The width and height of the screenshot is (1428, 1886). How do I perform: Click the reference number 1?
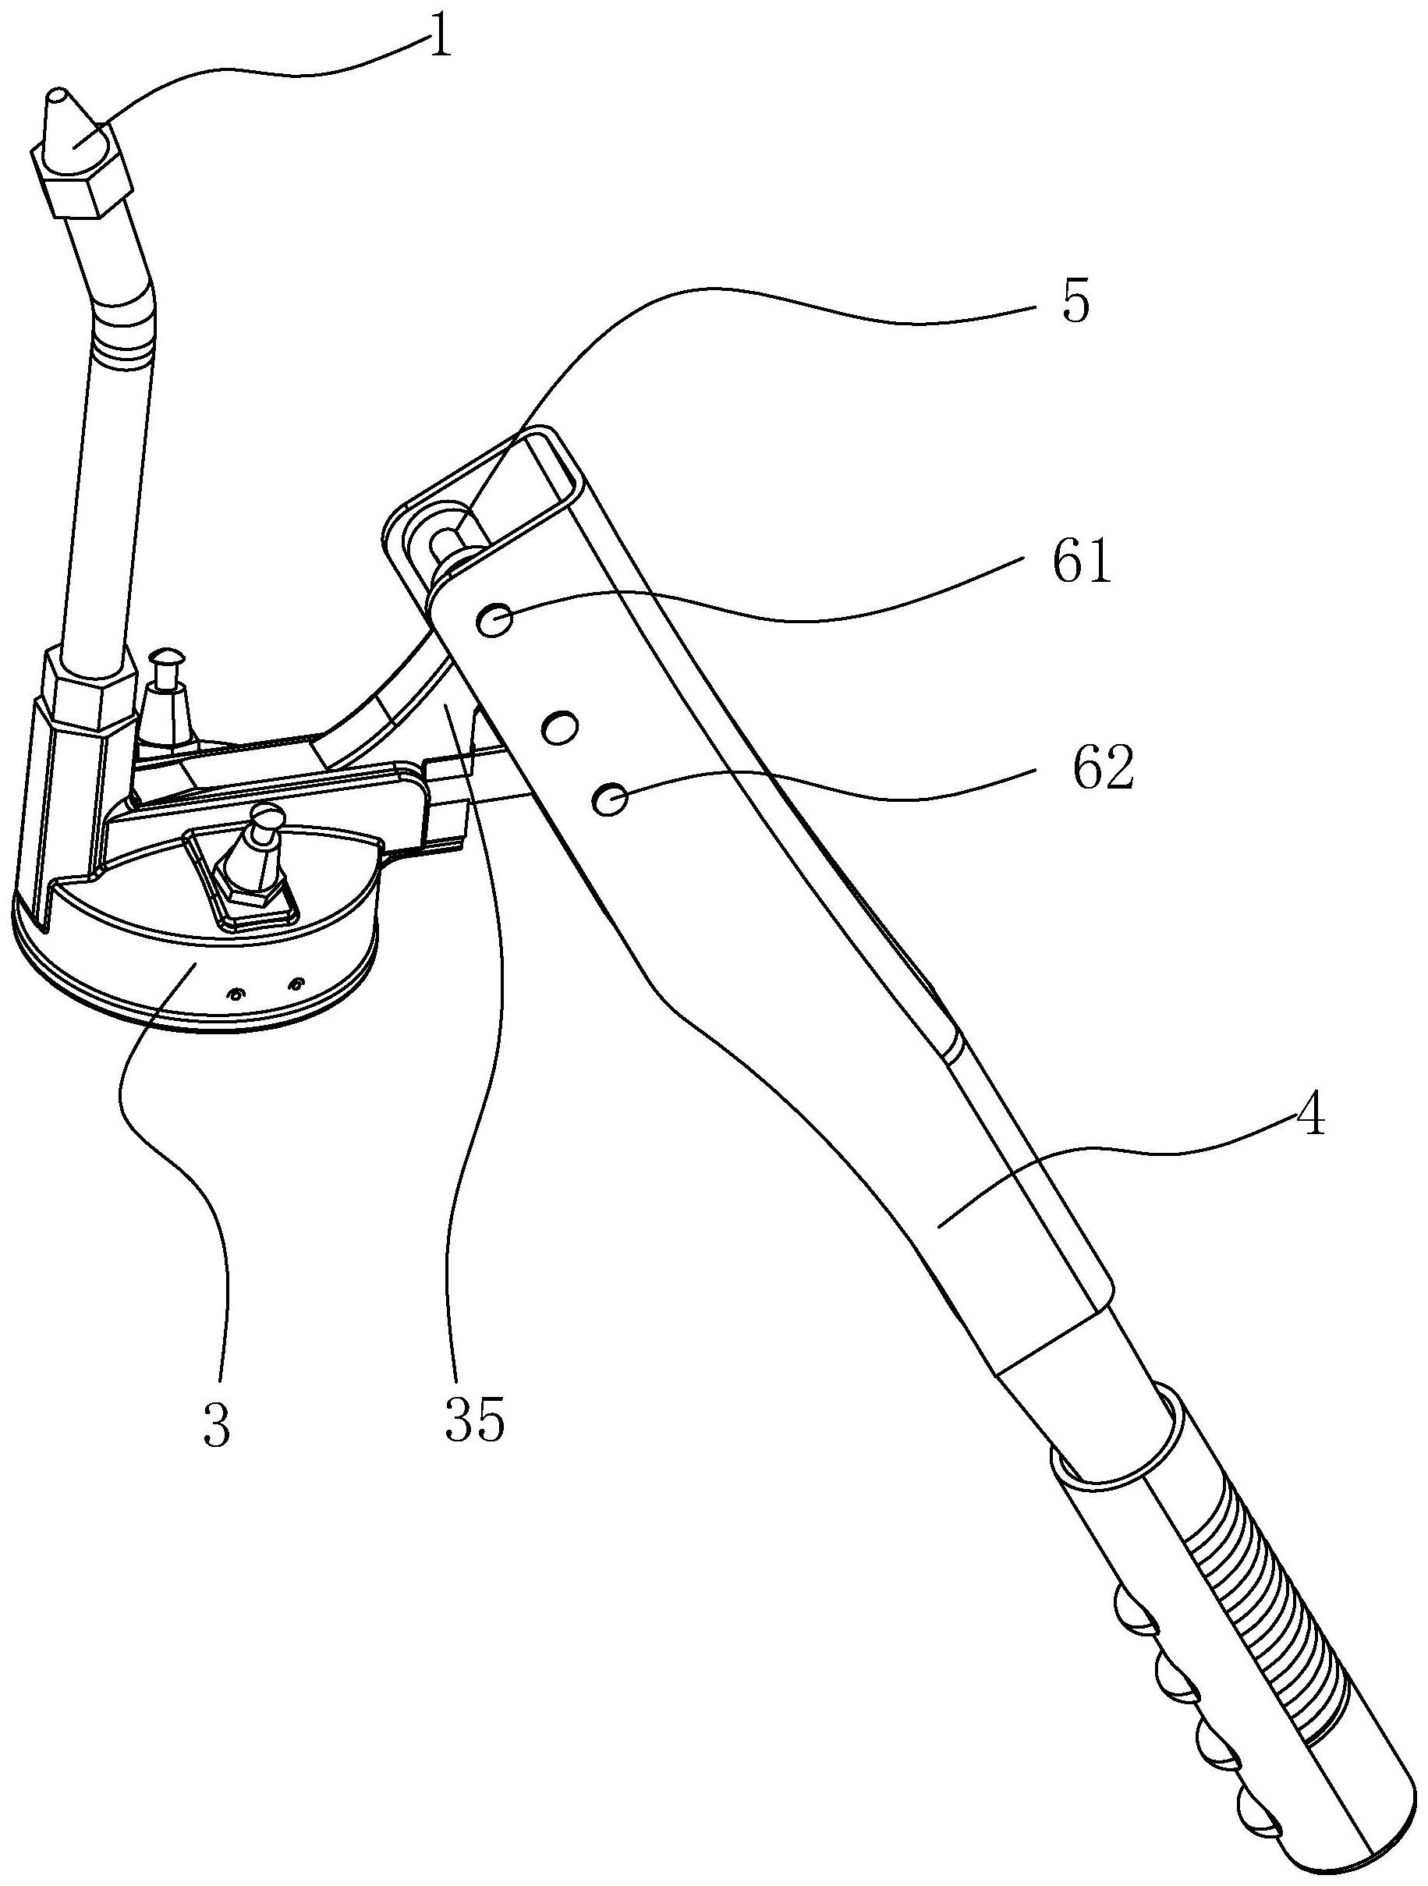(x=439, y=41)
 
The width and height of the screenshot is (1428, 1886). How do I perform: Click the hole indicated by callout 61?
(x=495, y=620)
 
